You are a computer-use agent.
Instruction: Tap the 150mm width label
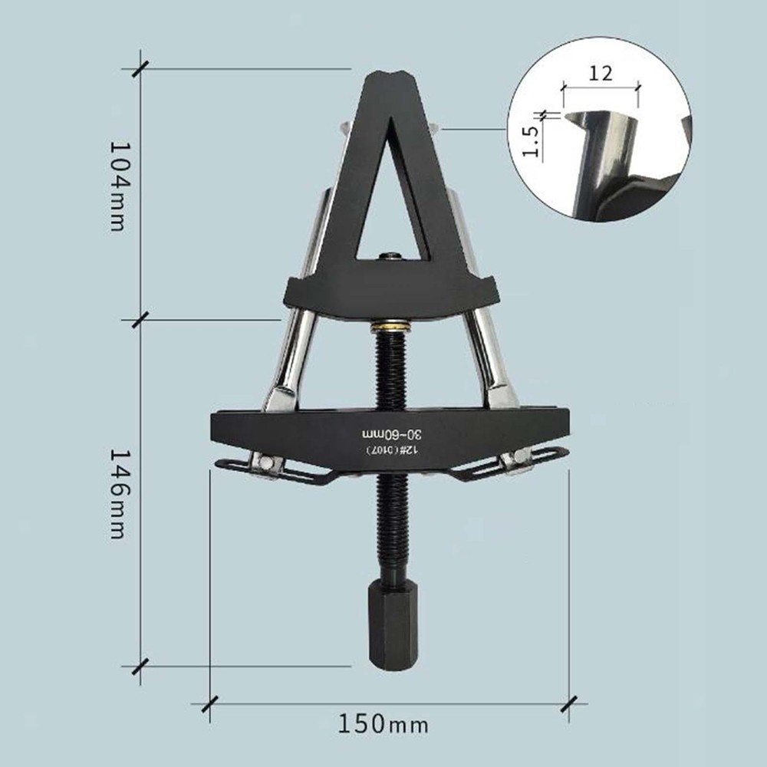(383, 723)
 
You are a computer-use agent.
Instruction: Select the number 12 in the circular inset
(601, 74)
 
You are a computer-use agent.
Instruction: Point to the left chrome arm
(295, 337)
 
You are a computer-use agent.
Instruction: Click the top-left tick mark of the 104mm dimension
(139, 68)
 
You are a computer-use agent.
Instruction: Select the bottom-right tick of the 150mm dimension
(570, 702)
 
